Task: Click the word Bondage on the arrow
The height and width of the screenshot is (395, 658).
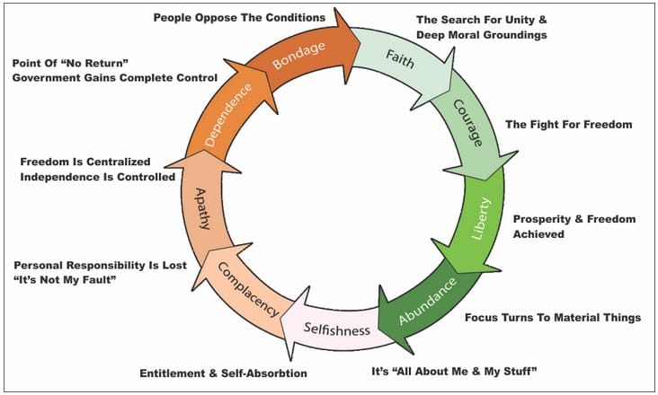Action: (298, 56)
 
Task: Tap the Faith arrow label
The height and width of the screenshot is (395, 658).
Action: (400, 58)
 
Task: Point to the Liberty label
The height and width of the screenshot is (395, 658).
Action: (481, 218)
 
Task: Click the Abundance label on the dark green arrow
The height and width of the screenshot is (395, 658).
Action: (428, 301)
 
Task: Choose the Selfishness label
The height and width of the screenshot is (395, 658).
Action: (337, 329)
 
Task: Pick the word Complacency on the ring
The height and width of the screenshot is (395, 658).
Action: (248, 290)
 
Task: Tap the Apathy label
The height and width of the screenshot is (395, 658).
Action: (202, 208)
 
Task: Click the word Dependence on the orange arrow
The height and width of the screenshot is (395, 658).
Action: (227, 115)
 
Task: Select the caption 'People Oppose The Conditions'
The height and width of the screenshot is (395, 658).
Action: (239, 18)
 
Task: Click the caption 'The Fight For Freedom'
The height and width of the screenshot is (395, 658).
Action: (569, 125)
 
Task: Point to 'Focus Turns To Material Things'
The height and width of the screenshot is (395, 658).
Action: (553, 318)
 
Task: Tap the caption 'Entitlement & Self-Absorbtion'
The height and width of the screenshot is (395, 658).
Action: (223, 373)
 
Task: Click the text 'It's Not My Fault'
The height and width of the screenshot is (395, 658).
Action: (65, 279)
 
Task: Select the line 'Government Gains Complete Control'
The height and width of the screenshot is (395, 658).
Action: (115, 78)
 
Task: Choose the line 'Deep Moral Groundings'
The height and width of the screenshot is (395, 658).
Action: (481, 35)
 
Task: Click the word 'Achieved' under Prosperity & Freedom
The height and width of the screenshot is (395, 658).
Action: (538, 233)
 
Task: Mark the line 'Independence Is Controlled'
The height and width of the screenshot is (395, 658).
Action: (98, 177)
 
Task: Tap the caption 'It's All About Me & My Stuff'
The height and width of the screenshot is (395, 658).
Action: (455, 371)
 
